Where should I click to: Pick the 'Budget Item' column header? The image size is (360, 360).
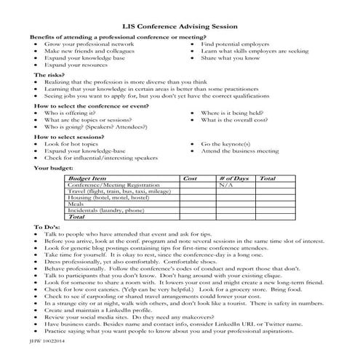(87, 178)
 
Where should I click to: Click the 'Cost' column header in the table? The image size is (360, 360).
(191, 178)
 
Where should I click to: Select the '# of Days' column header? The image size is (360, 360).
(233, 178)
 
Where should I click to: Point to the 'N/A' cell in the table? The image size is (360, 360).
(226, 185)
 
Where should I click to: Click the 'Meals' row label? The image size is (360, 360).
(76, 204)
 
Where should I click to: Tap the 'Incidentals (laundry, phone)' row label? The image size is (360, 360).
(105, 210)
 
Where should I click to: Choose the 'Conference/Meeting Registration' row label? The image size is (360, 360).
(113, 185)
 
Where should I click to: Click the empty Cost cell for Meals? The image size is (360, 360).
(197, 204)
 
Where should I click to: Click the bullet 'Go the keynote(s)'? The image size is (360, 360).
(230, 143)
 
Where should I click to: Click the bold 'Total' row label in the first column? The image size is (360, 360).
(76, 217)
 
